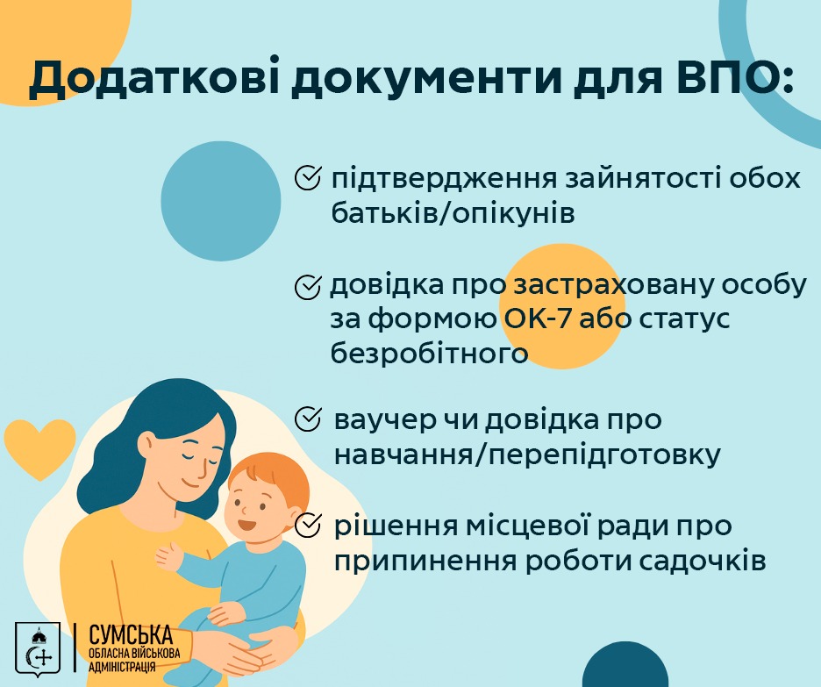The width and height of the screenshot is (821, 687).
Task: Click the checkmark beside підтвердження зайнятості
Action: pos(307,177)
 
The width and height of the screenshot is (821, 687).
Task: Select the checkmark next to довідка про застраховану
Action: pos(307,286)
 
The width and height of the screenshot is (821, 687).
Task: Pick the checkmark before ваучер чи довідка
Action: pos(307,419)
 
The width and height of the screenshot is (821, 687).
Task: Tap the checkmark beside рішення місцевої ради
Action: pos(307,526)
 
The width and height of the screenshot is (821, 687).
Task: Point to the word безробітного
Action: pos(429,354)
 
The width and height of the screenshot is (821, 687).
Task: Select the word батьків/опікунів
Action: pos(453,213)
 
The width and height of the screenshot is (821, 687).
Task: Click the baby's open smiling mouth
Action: pos(246,523)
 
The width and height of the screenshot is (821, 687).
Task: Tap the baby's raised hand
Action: pos(168,556)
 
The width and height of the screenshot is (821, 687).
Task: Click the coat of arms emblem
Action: pos(38,648)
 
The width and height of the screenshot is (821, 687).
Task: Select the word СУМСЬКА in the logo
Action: pos(131,635)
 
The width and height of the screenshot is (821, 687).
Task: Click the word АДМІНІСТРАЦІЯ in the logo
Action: pos(122,667)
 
